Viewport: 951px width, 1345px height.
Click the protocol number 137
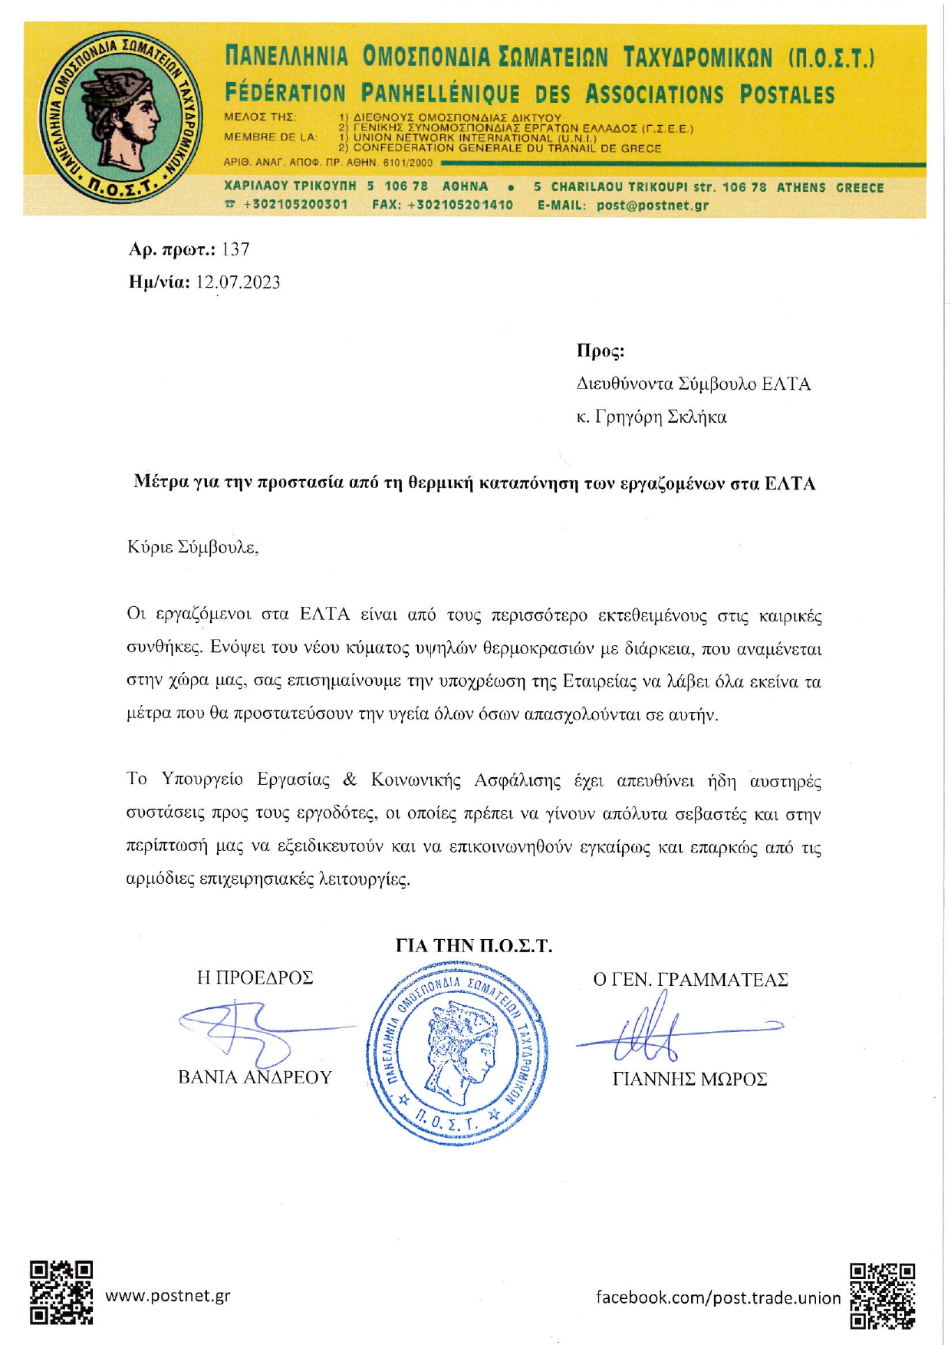[x=235, y=249]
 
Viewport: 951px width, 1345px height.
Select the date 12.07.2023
[x=238, y=282]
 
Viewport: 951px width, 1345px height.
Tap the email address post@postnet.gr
[x=653, y=205]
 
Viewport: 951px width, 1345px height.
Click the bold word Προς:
[x=601, y=351]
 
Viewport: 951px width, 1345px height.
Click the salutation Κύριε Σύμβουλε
[x=193, y=548]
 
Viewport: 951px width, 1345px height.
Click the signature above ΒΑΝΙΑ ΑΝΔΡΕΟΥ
[x=245, y=1028]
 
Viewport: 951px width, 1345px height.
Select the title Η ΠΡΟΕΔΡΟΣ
[x=255, y=977]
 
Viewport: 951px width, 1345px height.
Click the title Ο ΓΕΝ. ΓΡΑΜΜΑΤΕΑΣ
[x=690, y=980]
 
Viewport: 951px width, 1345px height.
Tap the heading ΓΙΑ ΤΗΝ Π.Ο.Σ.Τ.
[x=473, y=946]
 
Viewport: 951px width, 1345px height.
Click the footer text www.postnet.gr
[x=167, y=1296]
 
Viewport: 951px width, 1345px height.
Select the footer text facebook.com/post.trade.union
[x=718, y=1297]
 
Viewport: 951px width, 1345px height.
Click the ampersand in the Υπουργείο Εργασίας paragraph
[x=350, y=780]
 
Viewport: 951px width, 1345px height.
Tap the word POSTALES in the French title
[x=787, y=95]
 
